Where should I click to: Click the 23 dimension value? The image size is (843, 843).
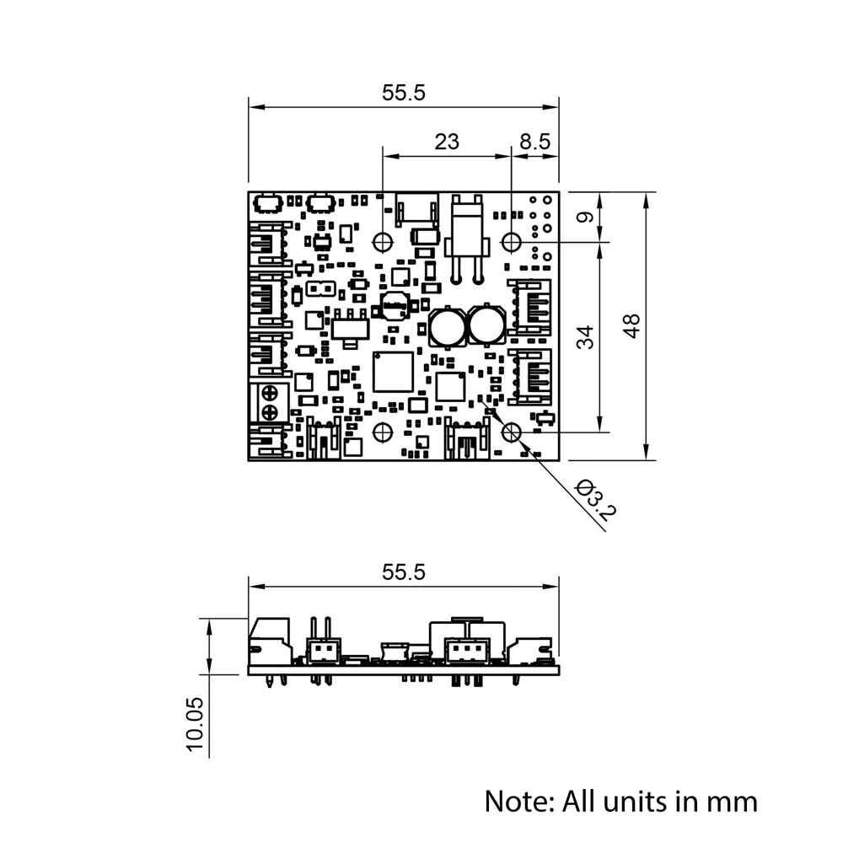point(447,142)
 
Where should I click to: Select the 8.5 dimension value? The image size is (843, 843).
point(534,142)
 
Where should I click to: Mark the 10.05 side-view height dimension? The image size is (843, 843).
point(195,723)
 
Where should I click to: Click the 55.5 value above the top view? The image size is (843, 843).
point(404,94)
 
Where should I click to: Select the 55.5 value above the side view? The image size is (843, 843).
point(404,572)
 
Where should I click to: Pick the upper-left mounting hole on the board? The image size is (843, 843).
point(383,241)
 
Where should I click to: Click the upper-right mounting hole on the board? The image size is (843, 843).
point(512,242)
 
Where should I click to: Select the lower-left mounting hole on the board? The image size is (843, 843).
point(383,432)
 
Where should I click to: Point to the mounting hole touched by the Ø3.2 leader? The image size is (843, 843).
point(512,432)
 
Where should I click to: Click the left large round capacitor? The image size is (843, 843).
point(447,326)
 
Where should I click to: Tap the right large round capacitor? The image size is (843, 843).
point(486,326)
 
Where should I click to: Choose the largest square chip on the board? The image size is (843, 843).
point(393,372)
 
